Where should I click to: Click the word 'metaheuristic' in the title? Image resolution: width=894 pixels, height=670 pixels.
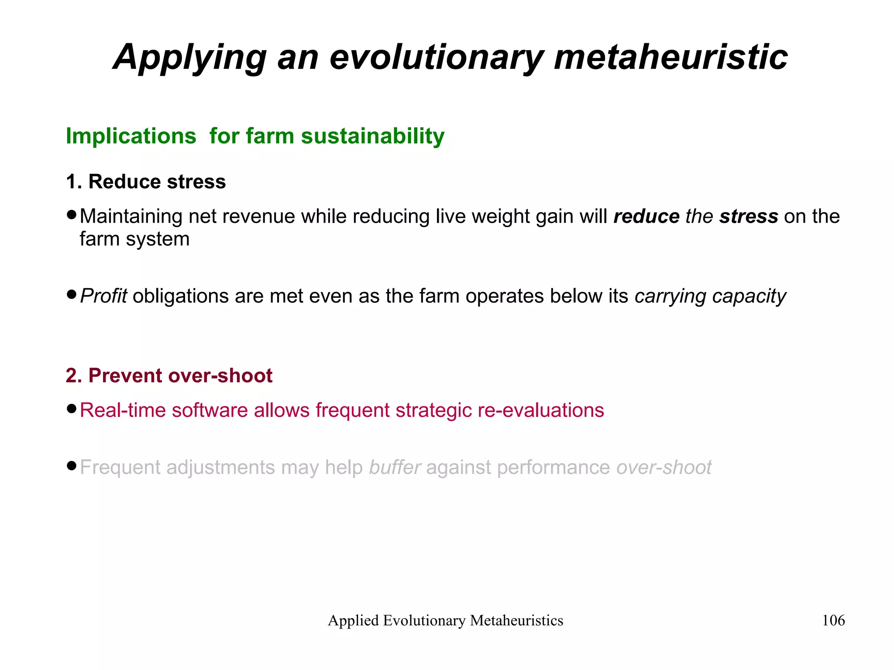pyautogui.click(x=670, y=57)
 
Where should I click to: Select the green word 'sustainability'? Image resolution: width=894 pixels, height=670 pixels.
pyautogui.click(x=372, y=136)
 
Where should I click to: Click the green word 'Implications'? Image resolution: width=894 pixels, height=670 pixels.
pyautogui.click(x=131, y=136)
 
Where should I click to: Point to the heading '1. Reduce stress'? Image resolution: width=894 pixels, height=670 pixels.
pyautogui.click(x=146, y=182)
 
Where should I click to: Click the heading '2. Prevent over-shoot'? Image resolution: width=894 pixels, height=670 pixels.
pyautogui.click(x=169, y=375)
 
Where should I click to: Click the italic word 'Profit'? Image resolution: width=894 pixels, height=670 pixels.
pyautogui.click(x=103, y=296)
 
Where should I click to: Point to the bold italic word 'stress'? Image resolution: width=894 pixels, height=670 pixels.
pyautogui.click(x=749, y=216)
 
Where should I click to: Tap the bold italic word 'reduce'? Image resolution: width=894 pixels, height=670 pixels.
pyautogui.click(x=646, y=216)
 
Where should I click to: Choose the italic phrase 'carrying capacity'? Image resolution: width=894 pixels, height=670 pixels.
pyautogui.click(x=710, y=296)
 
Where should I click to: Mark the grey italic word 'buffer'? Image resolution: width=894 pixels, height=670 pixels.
pyautogui.click(x=395, y=467)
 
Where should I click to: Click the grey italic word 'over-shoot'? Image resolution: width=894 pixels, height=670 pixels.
pyautogui.click(x=664, y=467)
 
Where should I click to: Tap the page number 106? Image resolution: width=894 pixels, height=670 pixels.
pyautogui.click(x=833, y=620)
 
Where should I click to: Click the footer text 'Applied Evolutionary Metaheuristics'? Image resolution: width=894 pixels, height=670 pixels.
pyautogui.click(x=445, y=620)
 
